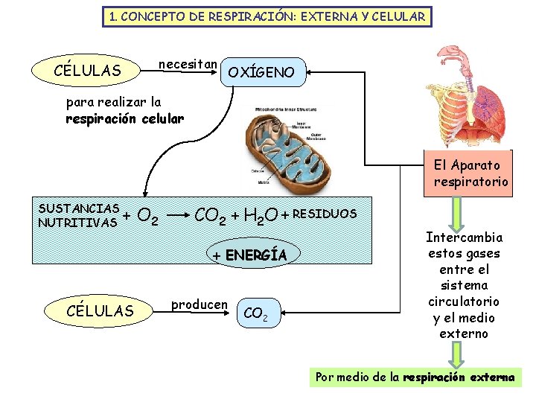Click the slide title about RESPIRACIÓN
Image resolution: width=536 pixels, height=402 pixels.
click(267, 16)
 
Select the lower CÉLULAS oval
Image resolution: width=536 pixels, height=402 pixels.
click(100, 310)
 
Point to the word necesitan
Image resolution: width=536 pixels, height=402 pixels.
click(188, 64)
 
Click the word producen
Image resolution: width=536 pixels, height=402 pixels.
click(199, 304)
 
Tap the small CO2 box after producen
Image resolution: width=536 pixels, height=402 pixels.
click(257, 313)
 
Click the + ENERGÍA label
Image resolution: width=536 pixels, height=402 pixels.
click(249, 255)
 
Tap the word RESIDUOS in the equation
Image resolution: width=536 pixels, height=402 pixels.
click(325, 214)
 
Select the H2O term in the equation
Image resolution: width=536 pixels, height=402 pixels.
click(260, 217)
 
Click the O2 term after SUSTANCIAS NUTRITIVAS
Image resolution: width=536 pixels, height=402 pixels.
click(148, 218)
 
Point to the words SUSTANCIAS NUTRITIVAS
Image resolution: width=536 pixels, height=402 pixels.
click(79, 215)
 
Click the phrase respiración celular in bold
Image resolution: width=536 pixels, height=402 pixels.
click(124, 118)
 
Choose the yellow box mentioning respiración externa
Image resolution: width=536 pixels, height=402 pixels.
click(415, 377)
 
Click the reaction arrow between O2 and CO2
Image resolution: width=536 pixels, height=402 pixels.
click(177, 218)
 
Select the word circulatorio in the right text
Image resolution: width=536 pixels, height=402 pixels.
click(463, 301)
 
